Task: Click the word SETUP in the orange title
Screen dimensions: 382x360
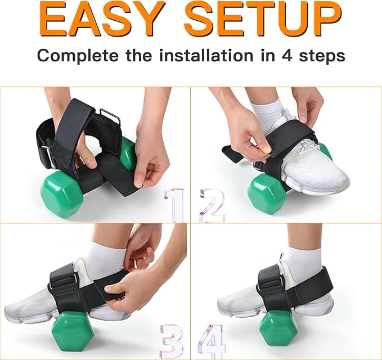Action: pos(263,19)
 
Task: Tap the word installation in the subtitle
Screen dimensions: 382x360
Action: pos(206,55)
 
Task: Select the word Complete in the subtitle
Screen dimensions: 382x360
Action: pos(78,56)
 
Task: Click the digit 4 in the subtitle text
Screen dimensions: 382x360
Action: pos(287,56)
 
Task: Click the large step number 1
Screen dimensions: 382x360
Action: pos(174,205)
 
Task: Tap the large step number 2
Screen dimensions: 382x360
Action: pos(212,205)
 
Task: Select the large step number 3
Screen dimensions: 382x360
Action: pos(172,341)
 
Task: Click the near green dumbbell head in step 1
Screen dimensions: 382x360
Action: pos(61,193)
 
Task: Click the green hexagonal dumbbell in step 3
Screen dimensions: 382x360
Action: pos(73,332)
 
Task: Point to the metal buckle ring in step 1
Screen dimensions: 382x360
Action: pos(111,116)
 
